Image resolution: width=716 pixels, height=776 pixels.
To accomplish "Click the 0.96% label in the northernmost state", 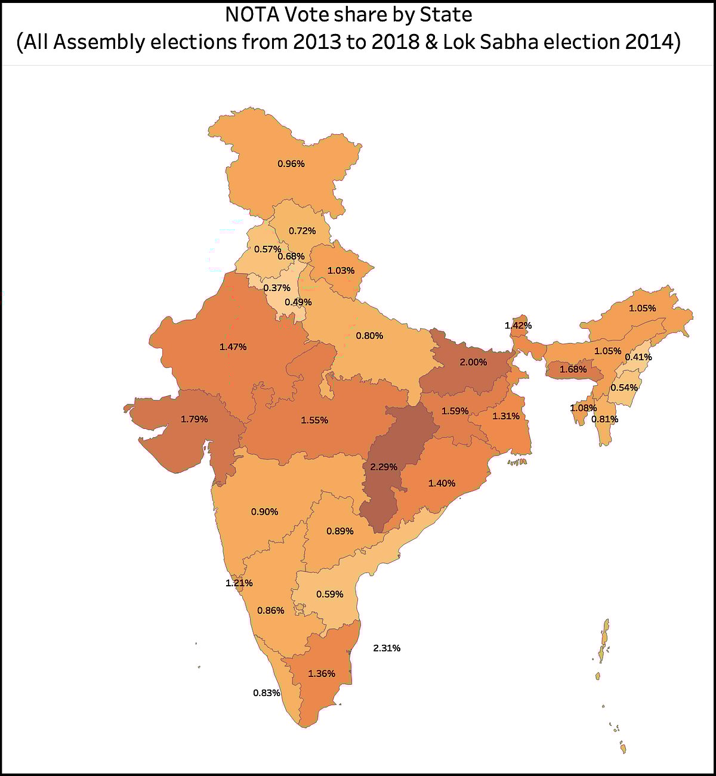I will coord(291,163).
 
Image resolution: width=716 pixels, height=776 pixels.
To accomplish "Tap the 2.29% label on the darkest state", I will coord(384,467).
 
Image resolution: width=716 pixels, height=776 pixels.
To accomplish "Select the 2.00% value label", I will coord(473,362).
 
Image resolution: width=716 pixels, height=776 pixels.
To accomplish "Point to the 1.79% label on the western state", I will coord(195,419).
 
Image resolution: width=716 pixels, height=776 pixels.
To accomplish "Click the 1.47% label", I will coord(233,347).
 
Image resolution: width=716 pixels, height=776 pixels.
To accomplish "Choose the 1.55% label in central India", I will coord(314,420).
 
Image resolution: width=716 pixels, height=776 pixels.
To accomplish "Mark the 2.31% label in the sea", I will coord(387,648).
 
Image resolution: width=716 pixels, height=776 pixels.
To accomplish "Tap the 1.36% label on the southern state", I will coord(322,673).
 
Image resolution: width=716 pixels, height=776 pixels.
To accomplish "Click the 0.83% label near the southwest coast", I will coord(267,692).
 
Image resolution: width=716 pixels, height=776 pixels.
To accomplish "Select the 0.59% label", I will coord(330,594).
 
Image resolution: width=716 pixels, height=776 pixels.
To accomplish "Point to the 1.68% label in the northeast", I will coord(573,369).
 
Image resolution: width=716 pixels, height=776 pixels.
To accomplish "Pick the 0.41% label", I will coord(638,357).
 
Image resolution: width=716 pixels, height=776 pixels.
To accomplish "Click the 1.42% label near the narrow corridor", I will coord(518,326).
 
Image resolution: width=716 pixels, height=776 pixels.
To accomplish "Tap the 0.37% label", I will coord(277,288).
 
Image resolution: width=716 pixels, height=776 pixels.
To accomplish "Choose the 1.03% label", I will coord(341,270).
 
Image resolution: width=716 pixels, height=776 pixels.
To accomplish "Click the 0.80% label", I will coord(369,336).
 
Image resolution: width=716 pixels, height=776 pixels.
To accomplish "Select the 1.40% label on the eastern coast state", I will coord(442,483).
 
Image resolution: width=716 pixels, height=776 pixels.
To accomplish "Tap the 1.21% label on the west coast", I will coord(239,583).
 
